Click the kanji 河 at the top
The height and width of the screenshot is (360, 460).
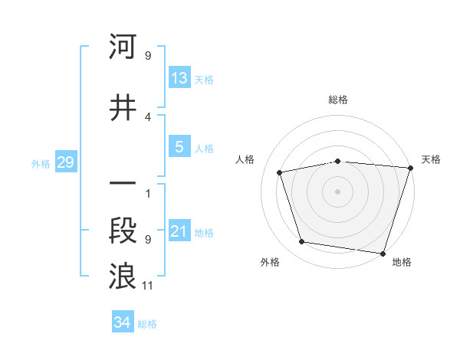click(x=123, y=47)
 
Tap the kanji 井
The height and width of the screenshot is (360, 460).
click(x=123, y=109)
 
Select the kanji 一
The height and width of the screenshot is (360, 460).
click(x=123, y=184)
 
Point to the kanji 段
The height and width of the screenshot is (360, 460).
click(x=123, y=232)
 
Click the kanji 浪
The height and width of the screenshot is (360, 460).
click(x=123, y=277)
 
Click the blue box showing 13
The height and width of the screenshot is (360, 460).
click(x=179, y=77)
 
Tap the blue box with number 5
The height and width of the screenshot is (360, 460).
click(x=179, y=147)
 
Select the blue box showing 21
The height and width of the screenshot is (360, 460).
click(x=179, y=231)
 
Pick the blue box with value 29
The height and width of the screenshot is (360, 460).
click(x=65, y=162)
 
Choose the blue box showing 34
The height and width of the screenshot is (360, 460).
click(x=122, y=322)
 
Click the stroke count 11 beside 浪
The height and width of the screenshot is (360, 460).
click(x=148, y=286)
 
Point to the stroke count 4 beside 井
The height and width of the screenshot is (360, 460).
click(x=148, y=117)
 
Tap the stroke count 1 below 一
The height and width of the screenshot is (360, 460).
click(x=148, y=194)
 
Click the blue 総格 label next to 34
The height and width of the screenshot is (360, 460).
click(x=147, y=324)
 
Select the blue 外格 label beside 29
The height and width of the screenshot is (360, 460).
click(x=41, y=163)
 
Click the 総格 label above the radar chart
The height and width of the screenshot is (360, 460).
click(x=337, y=100)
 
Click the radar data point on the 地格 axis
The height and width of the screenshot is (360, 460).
click(x=382, y=252)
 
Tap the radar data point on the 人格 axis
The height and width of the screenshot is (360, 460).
click(x=280, y=172)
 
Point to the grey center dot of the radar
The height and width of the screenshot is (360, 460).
click(x=337, y=191)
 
